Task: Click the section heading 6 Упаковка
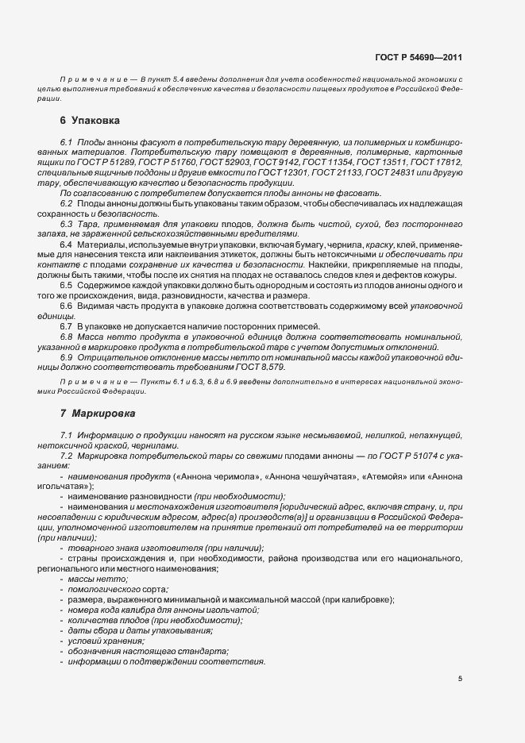tap(90, 121)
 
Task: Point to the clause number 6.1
tap(66, 141)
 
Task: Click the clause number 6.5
tap(66, 284)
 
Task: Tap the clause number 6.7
tap(66, 325)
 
